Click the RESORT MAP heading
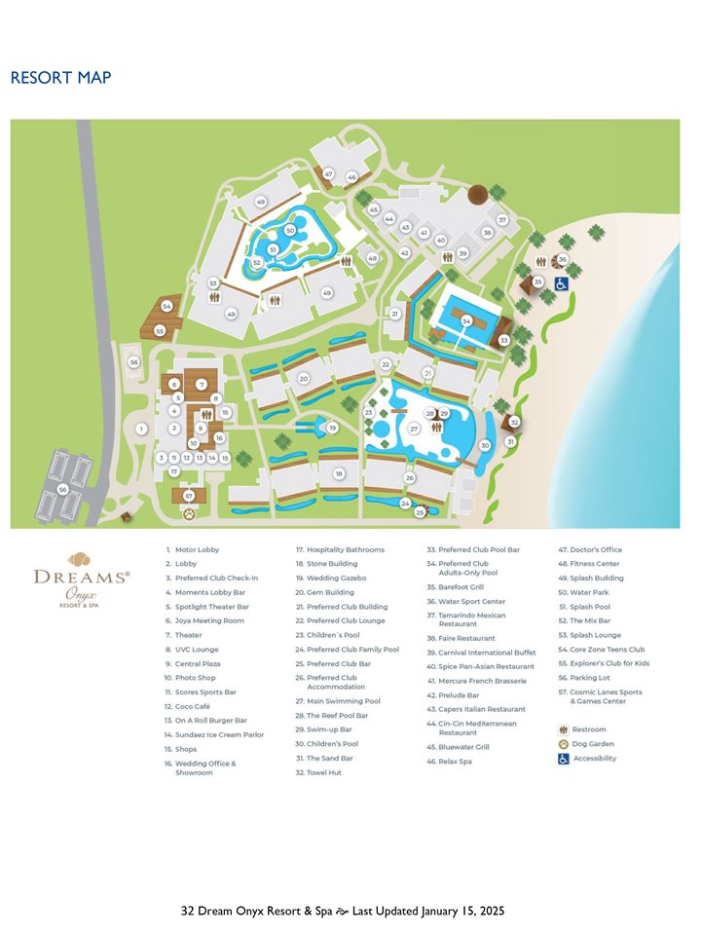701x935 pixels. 60,78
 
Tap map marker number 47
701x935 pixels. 329,174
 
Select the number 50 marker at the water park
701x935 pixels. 290,231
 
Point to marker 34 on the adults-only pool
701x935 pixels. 466,320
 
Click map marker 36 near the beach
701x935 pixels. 563,260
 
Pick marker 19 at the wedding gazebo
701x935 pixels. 332,428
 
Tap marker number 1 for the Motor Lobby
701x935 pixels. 141,429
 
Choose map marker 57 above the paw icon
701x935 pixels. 189,496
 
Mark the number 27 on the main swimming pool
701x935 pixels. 414,429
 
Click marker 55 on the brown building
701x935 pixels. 160,331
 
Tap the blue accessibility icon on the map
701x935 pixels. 562,283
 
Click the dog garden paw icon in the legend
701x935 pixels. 564,744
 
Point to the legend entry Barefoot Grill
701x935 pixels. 456,587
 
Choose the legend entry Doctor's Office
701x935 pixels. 590,549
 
